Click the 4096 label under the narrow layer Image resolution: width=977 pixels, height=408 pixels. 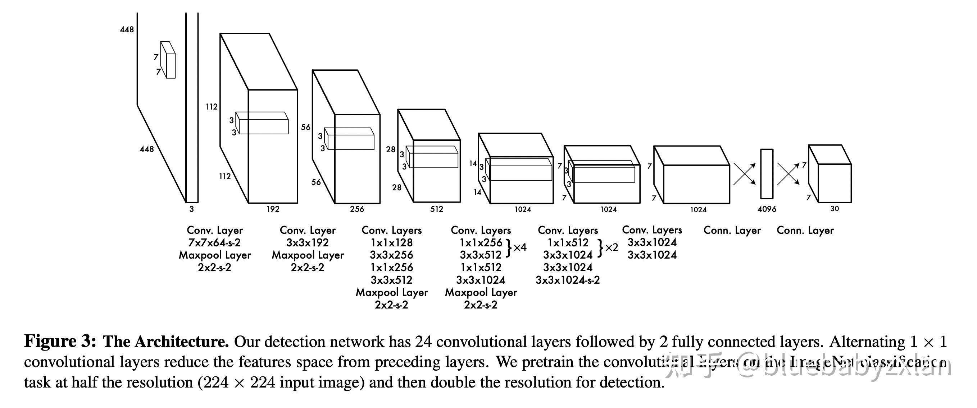[767, 209]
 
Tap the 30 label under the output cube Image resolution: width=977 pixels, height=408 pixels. [835, 209]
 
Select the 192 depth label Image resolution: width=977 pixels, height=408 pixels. [273, 209]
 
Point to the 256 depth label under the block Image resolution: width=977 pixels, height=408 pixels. [357, 209]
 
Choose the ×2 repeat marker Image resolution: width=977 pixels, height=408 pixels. [611, 248]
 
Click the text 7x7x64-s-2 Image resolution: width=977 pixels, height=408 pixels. [214, 243]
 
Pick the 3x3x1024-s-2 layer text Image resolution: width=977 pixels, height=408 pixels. [568, 280]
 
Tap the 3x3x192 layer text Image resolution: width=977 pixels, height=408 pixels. [307, 243]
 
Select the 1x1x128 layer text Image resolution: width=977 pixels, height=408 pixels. [391, 243]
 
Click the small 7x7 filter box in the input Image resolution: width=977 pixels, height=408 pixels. [168, 61]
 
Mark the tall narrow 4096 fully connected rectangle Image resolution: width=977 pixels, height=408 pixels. [767, 173]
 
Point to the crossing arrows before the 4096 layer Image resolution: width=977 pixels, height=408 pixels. [744, 174]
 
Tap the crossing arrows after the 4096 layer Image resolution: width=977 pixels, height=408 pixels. [788, 174]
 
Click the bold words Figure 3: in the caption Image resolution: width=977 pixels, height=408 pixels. [60, 342]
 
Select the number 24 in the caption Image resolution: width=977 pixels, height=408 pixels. [423, 342]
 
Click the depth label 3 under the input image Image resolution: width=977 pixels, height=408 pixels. [191, 209]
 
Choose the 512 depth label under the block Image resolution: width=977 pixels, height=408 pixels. [437, 209]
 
